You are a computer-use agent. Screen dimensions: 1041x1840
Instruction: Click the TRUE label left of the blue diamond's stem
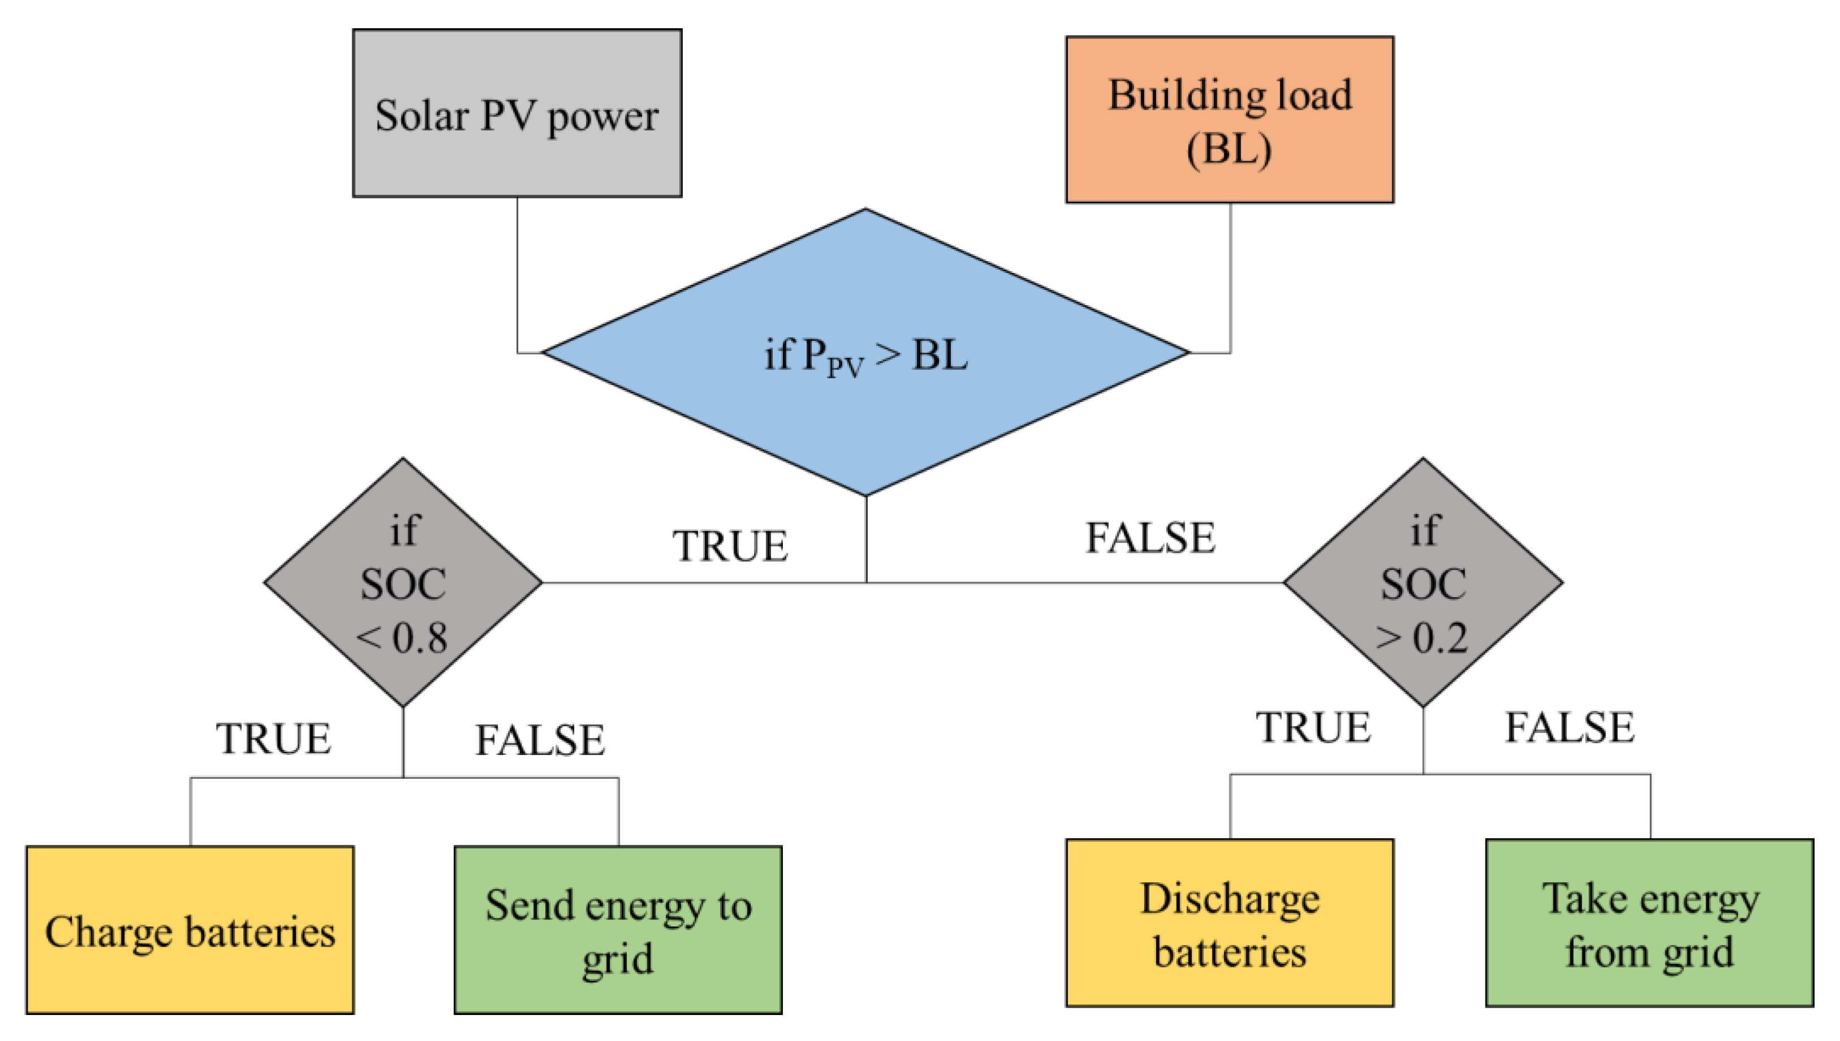[x=730, y=546]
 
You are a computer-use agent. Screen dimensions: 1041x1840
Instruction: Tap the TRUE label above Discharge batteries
[x=1313, y=728]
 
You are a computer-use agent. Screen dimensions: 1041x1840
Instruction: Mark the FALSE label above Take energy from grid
[x=1570, y=728]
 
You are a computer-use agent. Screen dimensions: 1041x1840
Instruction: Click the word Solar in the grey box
[x=422, y=116]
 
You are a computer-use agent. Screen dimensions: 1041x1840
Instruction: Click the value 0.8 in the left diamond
[x=421, y=637]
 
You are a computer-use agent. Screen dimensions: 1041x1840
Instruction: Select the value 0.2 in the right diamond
[x=1440, y=637]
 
